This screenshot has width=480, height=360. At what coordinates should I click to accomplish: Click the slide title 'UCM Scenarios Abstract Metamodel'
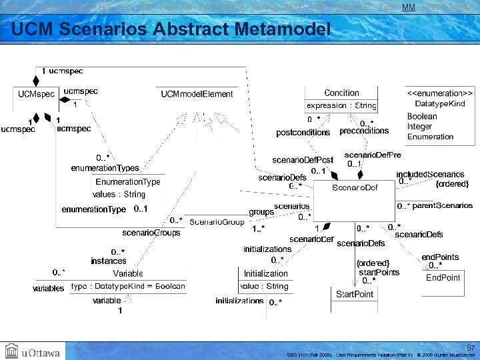pyautogui.click(x=171, y=30)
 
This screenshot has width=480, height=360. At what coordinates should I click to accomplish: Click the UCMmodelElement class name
pyautogui.click(x=197, y=95)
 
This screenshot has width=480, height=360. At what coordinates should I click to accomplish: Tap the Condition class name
pyautogui.click(x=341, y=93)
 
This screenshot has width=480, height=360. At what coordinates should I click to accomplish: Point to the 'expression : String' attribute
pyautogui.click(x=341, y=105)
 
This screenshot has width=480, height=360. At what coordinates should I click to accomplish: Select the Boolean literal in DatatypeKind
pyautogui.click(x=422, y=117)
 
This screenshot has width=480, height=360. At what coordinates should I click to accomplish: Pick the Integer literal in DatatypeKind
pyautogui.click(x=421, y=127)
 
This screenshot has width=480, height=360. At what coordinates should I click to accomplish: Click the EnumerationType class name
pyautogui.click(x=128, y=182)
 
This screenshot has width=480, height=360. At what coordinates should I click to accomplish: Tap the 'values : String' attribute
pyautogui.click(x=119, y=194)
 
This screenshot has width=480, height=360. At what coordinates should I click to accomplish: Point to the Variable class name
pyautogui.click(x=128, y=274)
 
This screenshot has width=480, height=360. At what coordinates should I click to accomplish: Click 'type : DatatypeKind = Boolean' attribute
pyautogui.click(x=128, y=286)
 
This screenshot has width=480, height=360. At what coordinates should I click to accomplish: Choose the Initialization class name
pyautogui.click(x=265, y=274)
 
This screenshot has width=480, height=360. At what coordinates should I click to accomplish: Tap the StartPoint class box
pyautogui.click(x=355, y=295)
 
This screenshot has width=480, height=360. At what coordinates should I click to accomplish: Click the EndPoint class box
pyautogui.click(x=443, y=278)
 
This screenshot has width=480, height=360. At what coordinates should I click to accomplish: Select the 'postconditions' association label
pyautogui.click(x=303, y=133)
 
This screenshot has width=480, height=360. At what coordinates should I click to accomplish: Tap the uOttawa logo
pyautogui.click(x=33, y=351)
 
